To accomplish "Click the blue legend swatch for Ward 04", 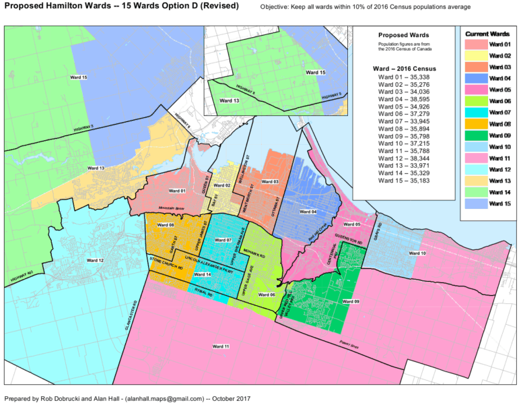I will click(475, 78).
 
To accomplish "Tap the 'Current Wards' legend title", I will click(487, 33).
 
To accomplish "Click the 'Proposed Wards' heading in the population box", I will click(404, 34).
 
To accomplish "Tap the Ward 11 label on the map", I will click(221, 346).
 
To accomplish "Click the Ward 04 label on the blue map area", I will click(308, 212).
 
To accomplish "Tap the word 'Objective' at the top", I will click(277, 7).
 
